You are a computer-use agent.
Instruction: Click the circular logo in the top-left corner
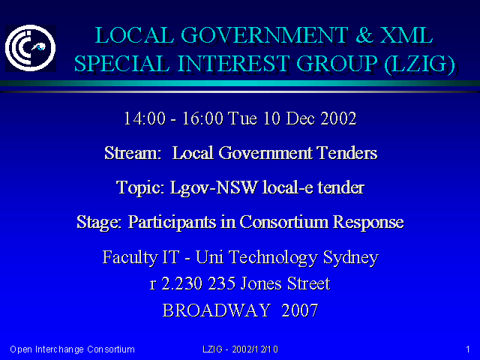[30, 48]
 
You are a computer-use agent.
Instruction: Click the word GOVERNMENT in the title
[265, 35]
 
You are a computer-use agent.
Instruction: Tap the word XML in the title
[406, 35]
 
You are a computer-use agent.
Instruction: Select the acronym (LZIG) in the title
[419, 64]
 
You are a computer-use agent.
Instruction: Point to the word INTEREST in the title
[233, 64]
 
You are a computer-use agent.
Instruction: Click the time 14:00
[145, 118]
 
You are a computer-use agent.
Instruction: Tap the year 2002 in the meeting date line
[338, 118]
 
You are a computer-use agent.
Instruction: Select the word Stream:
[133, 153]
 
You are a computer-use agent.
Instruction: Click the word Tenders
[346, 153]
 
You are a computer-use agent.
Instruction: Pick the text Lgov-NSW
[214, 187]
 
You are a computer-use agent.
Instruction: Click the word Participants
[172, 222]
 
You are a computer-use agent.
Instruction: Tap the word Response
[368, 222]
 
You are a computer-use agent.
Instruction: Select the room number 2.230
[181, 283]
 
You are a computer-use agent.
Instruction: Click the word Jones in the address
[260, 283]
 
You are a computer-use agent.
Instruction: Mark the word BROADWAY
[217, 310]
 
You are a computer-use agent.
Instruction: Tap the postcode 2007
[300, 310]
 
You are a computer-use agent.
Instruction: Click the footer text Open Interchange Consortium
[72, 349]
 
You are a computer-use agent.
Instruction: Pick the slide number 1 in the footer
[468, 349]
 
